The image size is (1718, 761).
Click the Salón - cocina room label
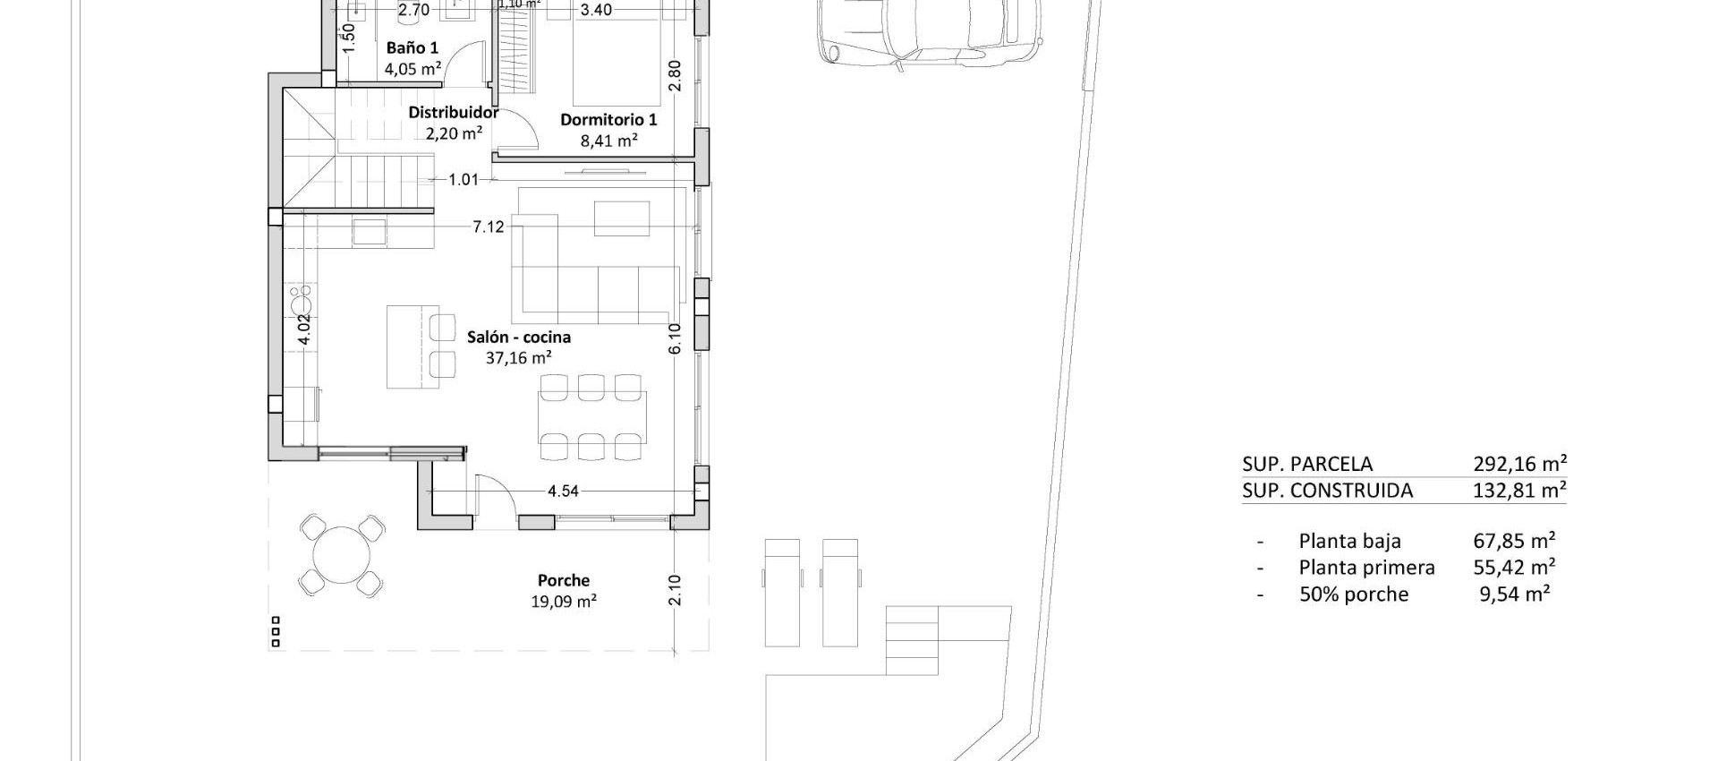coord(518,338)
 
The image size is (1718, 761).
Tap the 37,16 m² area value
coord(518,358)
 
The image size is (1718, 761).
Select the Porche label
coord(563,580)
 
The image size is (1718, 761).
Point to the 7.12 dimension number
coord(489,227)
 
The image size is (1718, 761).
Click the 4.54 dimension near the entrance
coord(563,491)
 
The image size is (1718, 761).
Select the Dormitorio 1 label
coord(608,120)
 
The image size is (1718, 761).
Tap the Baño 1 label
coord(412,48)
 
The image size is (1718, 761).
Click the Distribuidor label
coord(453,113)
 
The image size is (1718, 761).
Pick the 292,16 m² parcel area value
coord(1519,464)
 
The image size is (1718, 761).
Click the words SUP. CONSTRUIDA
coord(1327,491)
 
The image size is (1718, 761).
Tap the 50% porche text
coord(1353,594)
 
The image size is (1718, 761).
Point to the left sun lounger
coord(782,593)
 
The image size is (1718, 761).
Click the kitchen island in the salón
coord(412,346)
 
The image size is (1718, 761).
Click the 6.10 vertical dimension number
coord(675,338)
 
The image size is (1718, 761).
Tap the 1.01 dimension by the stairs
coord(464,180)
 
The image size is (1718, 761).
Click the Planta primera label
coord(1366,568)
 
